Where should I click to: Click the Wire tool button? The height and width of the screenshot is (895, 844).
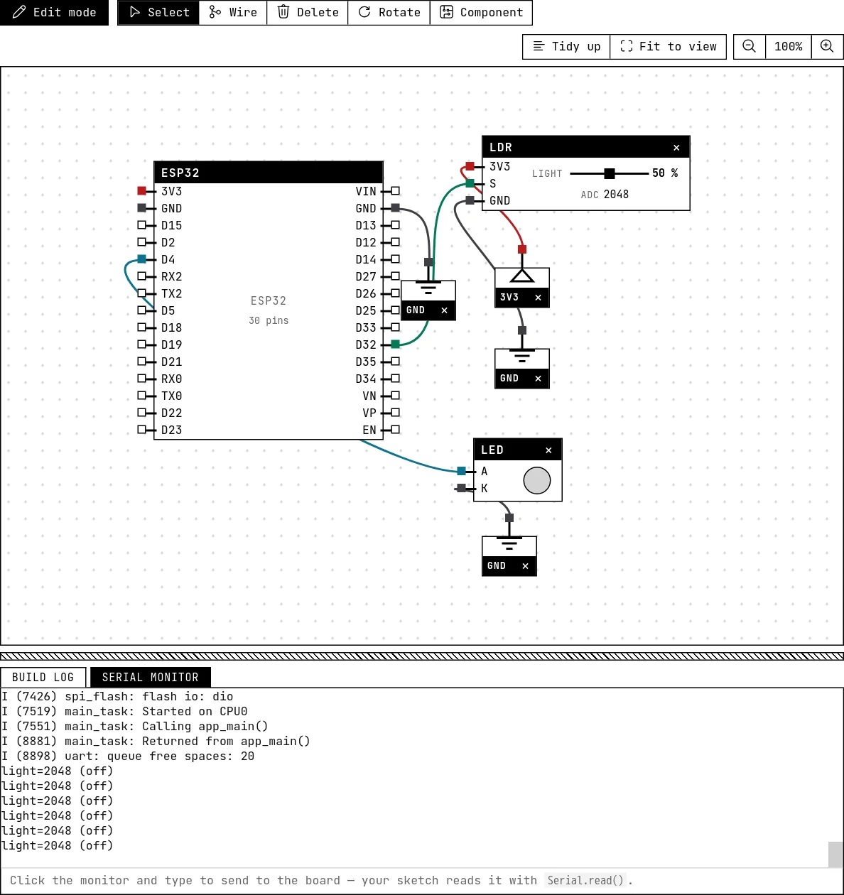(232, 12)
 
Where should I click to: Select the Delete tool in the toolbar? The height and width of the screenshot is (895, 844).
(308, 12)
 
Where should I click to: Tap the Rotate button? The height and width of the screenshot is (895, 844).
(389, 12)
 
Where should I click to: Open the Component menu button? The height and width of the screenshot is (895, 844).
(481, 12)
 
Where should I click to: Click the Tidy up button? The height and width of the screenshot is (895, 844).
(566, 46)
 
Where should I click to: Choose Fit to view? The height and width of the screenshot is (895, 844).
(668, 46)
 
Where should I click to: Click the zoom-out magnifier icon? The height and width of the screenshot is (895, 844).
(750, 46)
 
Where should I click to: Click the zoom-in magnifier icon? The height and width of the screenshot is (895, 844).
(827, 46)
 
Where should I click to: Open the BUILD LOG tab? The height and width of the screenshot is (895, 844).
(43, 677)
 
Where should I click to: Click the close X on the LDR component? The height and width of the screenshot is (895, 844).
(676, 147)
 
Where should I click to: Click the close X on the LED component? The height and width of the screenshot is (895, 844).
(548, 450)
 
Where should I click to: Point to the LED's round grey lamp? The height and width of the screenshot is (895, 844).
(537, 480)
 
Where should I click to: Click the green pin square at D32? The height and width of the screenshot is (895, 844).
(396, 345)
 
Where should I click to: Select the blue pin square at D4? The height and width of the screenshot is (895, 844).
(142, 259)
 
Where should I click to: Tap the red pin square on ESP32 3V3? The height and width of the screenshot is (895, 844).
(142, 190)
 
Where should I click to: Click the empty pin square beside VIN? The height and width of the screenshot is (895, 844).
(396, 190)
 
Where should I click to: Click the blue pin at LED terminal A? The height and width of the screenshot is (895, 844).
(461, 471)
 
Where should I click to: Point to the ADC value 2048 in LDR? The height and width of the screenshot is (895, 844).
(616, 194)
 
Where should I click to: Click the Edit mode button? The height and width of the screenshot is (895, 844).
(54, 12)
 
